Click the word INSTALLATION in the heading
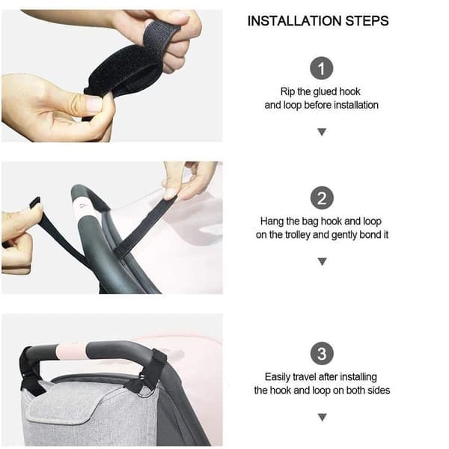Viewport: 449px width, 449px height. (x=294, y=21)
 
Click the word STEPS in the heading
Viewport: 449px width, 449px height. (x=367, y=21)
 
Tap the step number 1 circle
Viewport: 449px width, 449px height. (x=322, y=68)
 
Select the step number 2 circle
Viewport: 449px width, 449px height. (x=322, y=198)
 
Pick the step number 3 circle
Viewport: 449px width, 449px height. (x=322, y=353)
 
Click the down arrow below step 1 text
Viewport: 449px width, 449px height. (x=322, y=132)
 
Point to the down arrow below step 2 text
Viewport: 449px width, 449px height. (x=322, y=261)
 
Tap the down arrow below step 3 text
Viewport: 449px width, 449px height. (x=322, y=418)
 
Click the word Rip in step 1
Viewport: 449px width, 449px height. (x=287, y=91)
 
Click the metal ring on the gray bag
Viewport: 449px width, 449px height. (x=147, y=391)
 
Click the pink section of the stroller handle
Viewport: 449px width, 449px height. (x=71, y=351)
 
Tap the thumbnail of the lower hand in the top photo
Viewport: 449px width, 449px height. (x=94, y=104)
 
